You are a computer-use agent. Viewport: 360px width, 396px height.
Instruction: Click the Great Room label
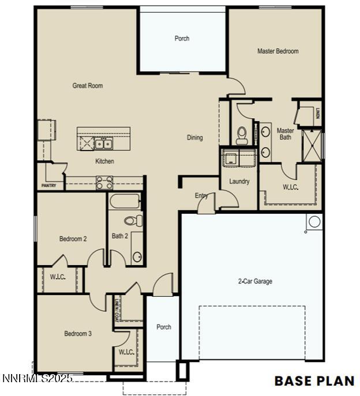point(88,86)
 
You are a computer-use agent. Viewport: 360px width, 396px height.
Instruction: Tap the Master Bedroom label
point(277,51)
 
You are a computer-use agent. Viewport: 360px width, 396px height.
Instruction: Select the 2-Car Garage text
point(255,282)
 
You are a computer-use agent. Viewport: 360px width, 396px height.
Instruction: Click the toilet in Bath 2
point(133,220)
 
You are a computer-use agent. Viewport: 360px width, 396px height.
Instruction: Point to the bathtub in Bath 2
point(125,202)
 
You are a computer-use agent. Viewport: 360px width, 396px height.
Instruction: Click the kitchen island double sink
point(104,144)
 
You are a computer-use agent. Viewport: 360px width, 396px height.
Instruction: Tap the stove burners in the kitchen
point(104,183)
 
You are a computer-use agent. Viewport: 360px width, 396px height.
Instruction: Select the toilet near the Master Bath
point(242,135)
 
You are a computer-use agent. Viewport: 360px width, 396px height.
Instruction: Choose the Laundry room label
point(239,182)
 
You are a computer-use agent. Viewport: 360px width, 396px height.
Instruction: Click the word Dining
point(195,138)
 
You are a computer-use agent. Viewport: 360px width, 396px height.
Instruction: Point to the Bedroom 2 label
point(73,239)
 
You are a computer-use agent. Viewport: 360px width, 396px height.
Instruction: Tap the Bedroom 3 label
point(77,334)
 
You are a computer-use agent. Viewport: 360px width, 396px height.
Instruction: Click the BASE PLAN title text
point(314,380)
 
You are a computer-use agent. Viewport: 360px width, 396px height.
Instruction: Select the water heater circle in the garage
point(314,221)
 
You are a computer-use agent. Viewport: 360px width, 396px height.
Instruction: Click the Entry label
point(201,196)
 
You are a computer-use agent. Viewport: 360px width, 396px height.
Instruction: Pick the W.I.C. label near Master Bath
point(290,187)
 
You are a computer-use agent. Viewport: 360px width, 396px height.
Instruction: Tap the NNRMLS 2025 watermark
point(37,378)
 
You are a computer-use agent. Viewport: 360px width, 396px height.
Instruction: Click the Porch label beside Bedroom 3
point(164,327)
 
